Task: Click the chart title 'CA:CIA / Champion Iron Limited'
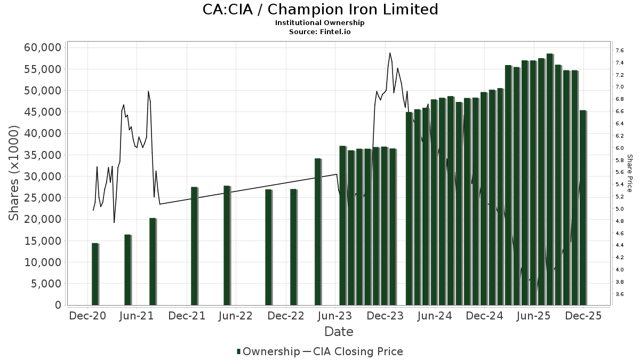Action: point(320,10)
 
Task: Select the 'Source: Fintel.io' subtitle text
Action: point(320,32)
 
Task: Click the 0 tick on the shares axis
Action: point(58,305)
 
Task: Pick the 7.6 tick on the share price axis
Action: point(619,51)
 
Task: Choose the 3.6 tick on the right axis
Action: point(619,294)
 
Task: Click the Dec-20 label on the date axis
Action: point(87,316)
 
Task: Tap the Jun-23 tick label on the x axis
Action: point(336,316)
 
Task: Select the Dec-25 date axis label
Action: point(583,316)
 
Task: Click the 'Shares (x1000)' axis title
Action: point(14,173)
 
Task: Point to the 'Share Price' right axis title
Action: point(629,173)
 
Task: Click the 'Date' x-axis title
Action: point(339,332)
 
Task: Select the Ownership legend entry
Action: point(268,351)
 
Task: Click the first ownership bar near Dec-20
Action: point(95,274)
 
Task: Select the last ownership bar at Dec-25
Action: point(582,208)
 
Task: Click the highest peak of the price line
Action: point(390,53)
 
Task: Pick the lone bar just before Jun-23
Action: point(317,232)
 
